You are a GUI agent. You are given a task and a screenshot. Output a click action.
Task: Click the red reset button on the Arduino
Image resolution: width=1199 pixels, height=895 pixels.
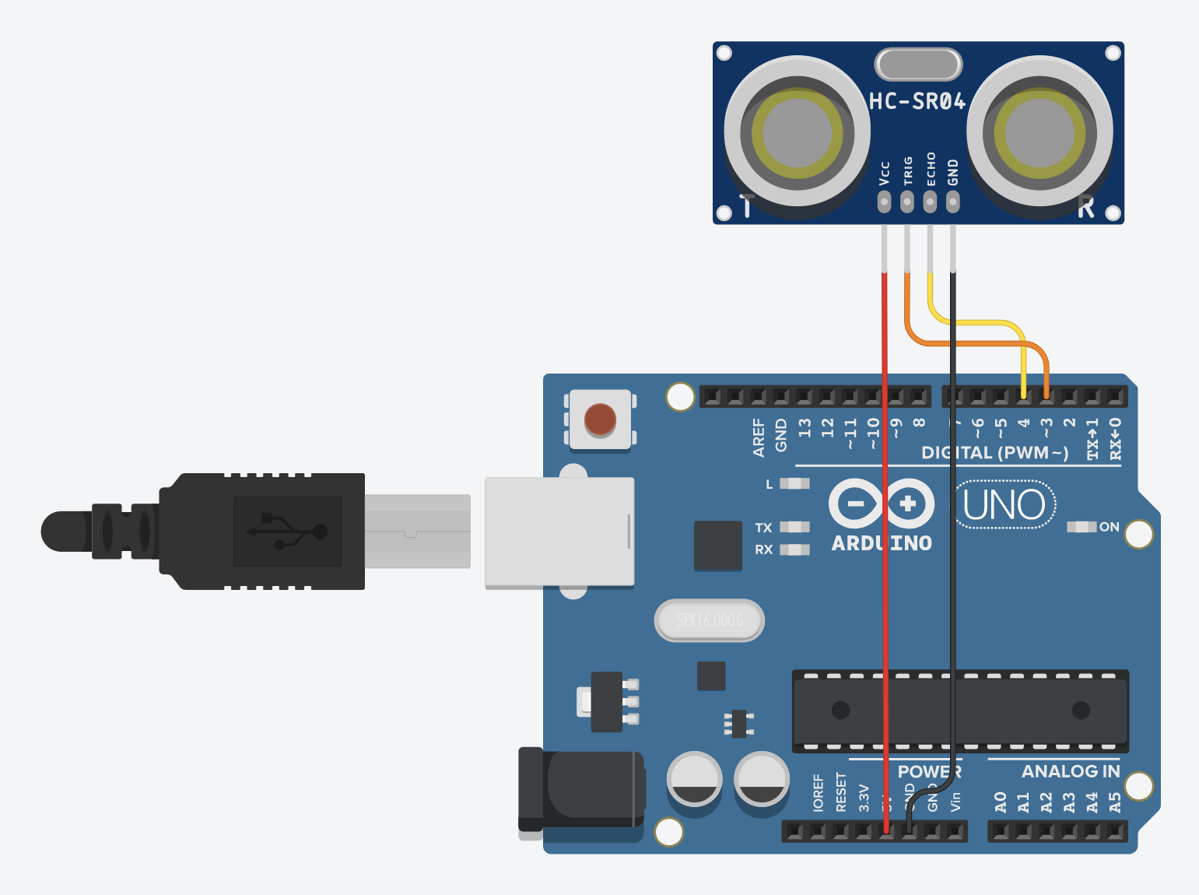pyautogui.click(x=600, y=419)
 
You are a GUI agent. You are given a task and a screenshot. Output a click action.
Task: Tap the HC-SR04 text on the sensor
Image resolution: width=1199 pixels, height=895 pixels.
pyautogui.click(x=917, y=101)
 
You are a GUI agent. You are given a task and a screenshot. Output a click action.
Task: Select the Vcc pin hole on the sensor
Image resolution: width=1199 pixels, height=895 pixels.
pyautogui.click(x=884, y=202)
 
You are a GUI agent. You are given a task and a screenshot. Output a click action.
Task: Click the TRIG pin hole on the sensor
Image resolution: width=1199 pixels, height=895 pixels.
pyautogui.click(x=907, y=202)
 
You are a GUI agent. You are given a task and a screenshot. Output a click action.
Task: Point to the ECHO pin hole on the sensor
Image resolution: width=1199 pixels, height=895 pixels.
pyautogui.click(x=930, y=202)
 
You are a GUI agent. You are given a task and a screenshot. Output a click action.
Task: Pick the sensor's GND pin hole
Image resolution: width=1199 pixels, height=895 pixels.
pyautogui.click(x=952, y=202)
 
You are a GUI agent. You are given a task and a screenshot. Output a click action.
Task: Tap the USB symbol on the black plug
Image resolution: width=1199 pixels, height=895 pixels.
pyautogui.click(x=287, y=532)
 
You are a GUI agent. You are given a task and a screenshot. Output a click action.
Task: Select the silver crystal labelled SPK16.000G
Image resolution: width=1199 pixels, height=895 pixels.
pyautogui.click(x=710, y=620)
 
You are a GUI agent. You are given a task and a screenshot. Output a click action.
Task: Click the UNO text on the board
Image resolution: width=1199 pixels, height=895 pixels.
pyautogui.click(x=1004, y=505)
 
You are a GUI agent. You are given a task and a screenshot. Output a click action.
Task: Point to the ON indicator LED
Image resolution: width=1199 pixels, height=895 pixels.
pyautogui.click(x=1081, y=527)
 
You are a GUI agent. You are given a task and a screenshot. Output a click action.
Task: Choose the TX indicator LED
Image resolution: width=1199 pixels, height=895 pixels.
pyautogui.click(x=794, y=527)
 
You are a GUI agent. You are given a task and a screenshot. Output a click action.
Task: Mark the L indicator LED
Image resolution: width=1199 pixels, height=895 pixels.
pyautogui.click(x=794, y=483)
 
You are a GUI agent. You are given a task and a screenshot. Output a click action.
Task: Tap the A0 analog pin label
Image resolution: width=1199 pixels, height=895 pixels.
pyautogui.click(x=1001, y=802)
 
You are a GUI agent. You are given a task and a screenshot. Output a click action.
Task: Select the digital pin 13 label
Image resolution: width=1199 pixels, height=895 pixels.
pyautogui.click(x=805, y=428)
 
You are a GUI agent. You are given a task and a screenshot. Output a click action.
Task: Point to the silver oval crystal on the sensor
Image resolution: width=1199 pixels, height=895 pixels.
pyautogui.click(x=918, y=65)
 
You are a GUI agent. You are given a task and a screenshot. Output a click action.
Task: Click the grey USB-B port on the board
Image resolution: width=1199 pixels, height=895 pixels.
pyautogui.click(x=559, y=532)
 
